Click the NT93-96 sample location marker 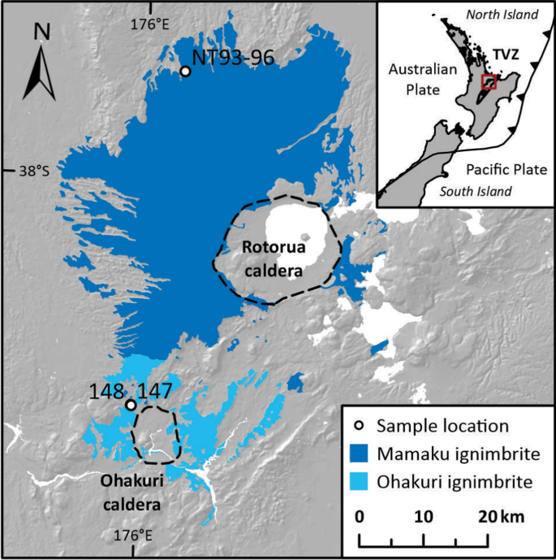tap(185, 72)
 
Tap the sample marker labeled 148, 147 tap(130, 405)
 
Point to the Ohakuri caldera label tap(131, 493)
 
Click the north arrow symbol tap(38, 72)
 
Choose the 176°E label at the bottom tap(132, 535)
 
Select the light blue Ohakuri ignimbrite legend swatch tap(359, 482)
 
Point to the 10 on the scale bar tap(423, 517)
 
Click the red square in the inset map tap(489, 81)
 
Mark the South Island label tap(476, 192)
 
